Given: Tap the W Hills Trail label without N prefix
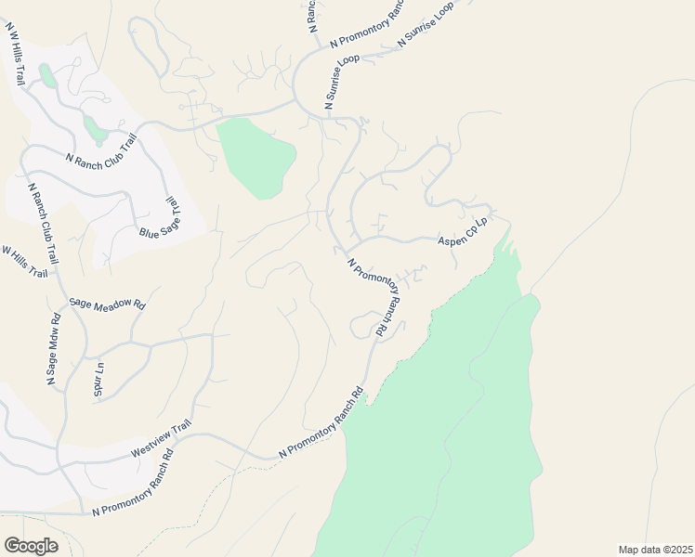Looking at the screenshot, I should click(23, 263).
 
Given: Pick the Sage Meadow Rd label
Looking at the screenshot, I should click(108, 304).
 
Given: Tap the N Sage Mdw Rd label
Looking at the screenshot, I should click(53, 350).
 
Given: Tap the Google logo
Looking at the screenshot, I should click(31, 546).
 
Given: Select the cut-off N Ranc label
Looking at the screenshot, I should click(312, 13).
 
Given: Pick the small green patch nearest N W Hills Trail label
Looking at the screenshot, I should click(46, 73).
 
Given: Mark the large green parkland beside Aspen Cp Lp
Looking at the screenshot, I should click(446, 408).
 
